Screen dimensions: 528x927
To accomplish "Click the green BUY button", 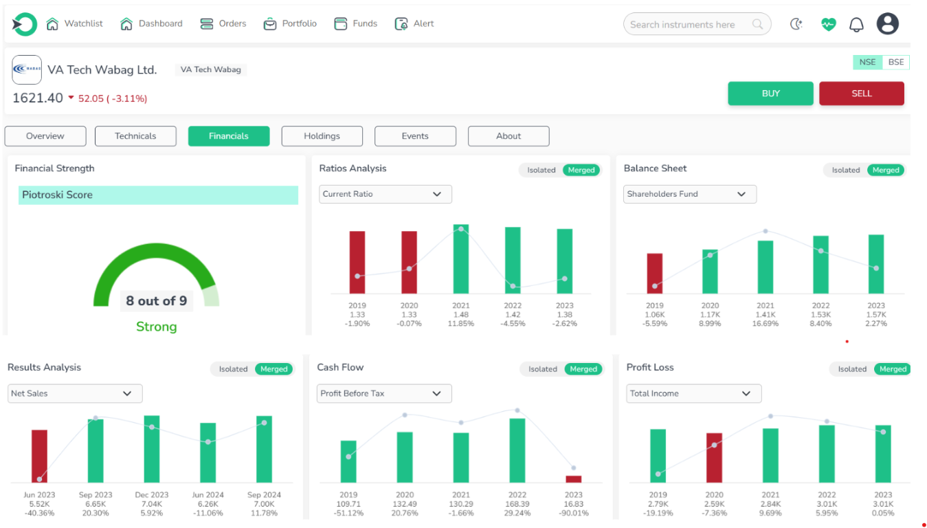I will point(770,93).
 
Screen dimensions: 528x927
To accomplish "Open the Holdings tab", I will point(322,136).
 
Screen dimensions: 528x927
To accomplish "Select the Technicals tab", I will point(135,136).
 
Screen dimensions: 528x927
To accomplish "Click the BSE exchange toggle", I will point(895,62).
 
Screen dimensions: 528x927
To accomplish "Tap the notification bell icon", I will point(856,25).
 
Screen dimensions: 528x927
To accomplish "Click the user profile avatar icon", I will point(888,24).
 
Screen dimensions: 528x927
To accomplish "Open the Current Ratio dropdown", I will point(385,194).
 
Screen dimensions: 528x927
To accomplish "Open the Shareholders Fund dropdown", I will point(689,194).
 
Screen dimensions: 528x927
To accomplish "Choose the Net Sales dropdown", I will point(75,393).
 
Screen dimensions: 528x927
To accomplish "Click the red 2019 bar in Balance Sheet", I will point(655,273).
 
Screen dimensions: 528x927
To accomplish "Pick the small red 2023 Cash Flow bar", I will point(573,478).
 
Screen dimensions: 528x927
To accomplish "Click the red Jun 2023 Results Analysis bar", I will point(40,456).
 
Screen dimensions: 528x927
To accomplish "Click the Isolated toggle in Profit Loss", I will point(852,369).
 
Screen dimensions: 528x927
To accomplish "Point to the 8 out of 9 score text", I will point(156,300).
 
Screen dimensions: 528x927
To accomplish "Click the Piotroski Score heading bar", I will point(158,195).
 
